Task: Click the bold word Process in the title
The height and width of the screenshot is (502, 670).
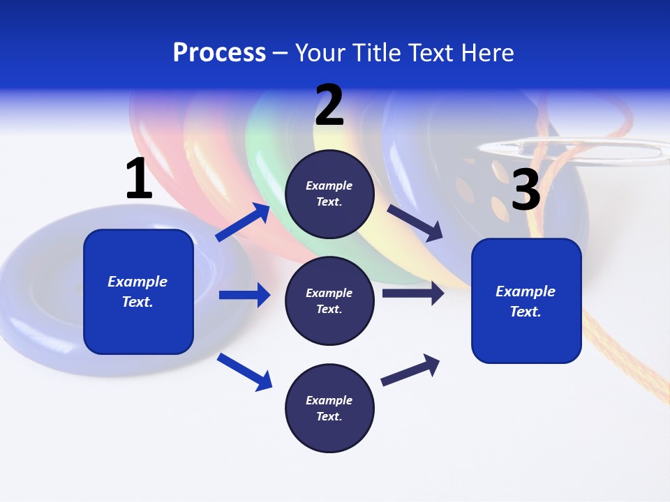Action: click(219, 53)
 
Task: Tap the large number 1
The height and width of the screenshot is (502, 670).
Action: click(139, 178)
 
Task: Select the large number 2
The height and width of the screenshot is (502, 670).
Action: click(329, 105)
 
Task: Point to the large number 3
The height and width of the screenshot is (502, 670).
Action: click(526, 190)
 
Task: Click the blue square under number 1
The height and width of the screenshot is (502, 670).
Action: click(138, 291)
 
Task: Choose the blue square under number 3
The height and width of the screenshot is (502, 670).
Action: click(526, 301)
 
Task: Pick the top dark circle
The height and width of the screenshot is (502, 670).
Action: click(330, 194)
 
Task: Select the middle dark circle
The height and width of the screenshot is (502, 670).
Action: click(330, 301)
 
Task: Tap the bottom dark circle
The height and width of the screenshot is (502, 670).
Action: click(330, 408)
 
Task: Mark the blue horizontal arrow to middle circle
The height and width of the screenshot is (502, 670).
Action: click(244, 295)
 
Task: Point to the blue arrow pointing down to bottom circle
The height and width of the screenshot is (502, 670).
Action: click(244, 372)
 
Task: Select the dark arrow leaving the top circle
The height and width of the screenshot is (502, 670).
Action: click(415, 222)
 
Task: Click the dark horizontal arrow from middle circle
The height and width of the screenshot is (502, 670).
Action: click(413, 293)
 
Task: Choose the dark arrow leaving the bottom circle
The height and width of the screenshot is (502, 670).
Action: click(410, 370)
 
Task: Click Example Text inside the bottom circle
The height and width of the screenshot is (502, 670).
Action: click(329, 408)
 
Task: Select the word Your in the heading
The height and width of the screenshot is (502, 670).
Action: click(320, 53)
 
